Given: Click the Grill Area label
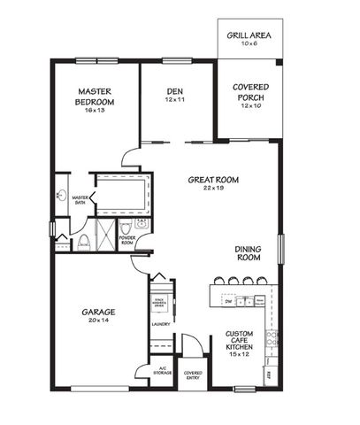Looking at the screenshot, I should pyautogui.click(x=249, y=36).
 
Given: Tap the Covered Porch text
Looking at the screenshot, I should pyautogui.click(x=251, y=92).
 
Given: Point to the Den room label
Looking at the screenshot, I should pyautogui.click(x=174, y=92).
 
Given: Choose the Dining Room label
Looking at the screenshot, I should pyautogui.click(x=248, y=252).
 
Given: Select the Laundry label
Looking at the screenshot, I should pyautogui.click(x=161, y=324).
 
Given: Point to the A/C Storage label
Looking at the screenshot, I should pyautogui.click(x=162, y=371).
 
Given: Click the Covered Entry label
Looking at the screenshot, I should pyautogui.click(x=193, y=375).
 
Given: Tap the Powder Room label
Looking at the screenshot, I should pyautogui.click(x=126, y=239).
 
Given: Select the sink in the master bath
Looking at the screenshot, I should pyautogui.click(x=62, y=195).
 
